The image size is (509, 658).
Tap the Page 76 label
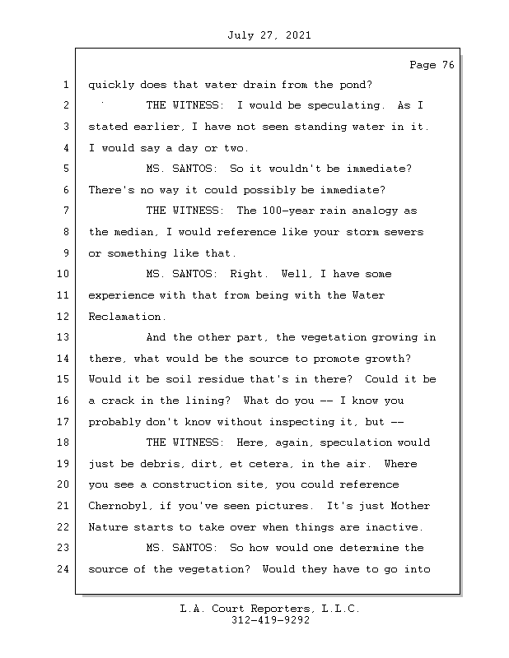(x=432, y=65)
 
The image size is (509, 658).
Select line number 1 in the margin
(x=65, y=85)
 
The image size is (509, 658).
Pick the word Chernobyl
(x=120, y=506)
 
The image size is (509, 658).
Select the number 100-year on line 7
(x=265, y=211)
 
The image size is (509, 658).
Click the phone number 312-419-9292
(x=270, y=621)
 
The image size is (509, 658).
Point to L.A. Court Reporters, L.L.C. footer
(x=270, y=609)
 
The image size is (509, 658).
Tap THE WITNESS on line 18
(x=184, y=443)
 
